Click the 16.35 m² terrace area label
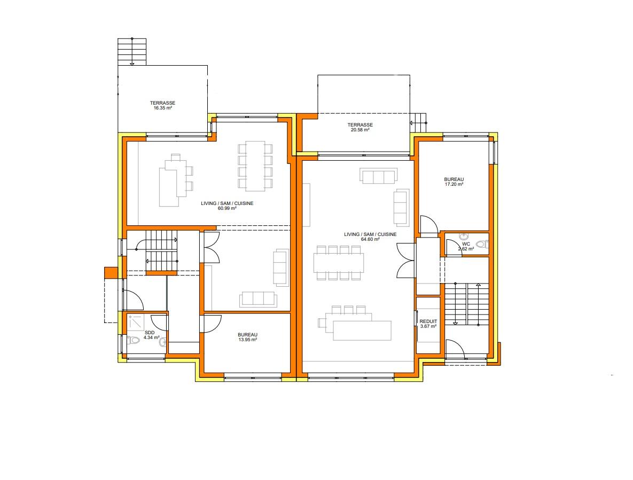click(163, 105)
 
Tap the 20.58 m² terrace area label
click(360, 128)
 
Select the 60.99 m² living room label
click(227, 206)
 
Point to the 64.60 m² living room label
click(370, 237)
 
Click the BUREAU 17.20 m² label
click(454, 182)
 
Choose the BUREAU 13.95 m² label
click(247, 337)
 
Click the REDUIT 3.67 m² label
click(428, 324)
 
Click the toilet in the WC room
click(482, 244)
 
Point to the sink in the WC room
click(464, 237)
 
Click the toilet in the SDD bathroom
click(133, 340)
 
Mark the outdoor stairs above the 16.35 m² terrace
click(131, 52)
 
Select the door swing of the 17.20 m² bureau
click(429, 224)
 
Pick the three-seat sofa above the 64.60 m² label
click(378, 176)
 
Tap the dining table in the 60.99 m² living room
click(255, 166)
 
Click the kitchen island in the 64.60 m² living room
click(362, 331)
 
